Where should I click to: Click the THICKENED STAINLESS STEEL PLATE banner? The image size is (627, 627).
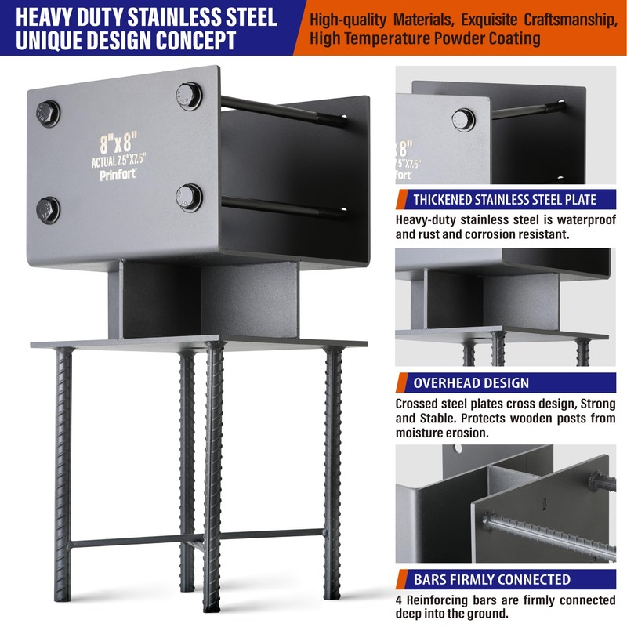(x=505, y=199)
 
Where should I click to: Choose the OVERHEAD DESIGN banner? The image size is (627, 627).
(x=471, y=383)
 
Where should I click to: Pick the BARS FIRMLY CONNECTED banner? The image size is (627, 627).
(x=492, y=580)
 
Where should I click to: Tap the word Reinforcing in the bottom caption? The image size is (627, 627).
(x=446, y=600)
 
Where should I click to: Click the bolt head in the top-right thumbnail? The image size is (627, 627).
(x=463, y=119)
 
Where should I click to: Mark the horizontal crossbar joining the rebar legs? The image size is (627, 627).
(x=196, y=539)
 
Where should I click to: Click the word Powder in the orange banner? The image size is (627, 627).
(x=462, y=38)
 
